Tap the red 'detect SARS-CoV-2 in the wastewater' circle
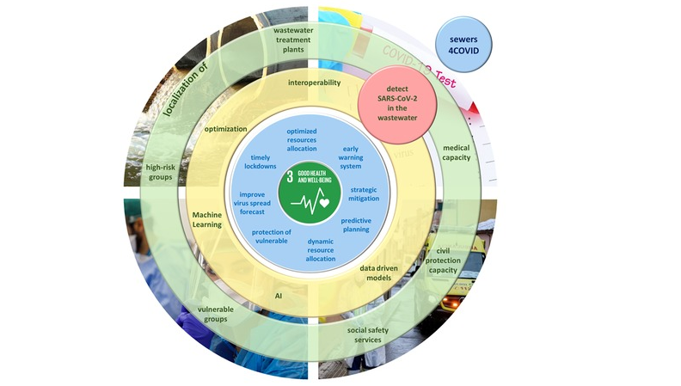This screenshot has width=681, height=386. point(398,109)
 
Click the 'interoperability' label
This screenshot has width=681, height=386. point(314,83)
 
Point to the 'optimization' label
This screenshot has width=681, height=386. point(226,128)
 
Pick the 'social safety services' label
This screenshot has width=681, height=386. point(375,334)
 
